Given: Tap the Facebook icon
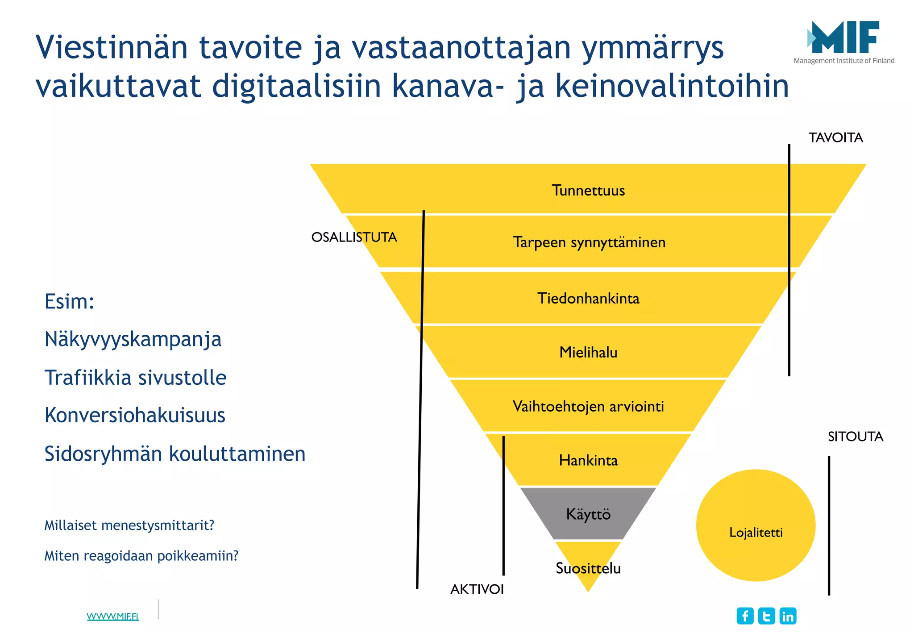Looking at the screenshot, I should point(745,616).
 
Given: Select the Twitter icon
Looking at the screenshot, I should point(766,616).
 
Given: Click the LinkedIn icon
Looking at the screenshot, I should point(788,616).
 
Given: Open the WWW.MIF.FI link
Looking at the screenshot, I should point(112,616).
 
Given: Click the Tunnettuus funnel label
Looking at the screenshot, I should point(588,190).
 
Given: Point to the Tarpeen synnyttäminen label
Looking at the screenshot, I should point(589,242).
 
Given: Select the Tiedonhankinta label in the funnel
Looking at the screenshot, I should point(588,298).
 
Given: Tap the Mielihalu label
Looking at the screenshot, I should point(588,352).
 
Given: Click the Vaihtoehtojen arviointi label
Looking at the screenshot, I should point(588,406).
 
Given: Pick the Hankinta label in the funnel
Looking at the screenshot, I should point(588,460).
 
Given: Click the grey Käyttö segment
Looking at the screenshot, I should point(588,514).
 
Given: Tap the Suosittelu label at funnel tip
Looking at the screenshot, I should point(588,568).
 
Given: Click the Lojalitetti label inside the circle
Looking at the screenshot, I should point(756,532).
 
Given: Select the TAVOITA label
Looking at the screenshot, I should point(835,137).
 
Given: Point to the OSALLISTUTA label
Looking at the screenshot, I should point(354,237).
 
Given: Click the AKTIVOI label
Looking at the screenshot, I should point(477,589).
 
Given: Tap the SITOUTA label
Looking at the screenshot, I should point(855,437).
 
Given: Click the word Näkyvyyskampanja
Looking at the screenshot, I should point(133,339).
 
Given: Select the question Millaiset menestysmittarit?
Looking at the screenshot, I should point(129,525).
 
